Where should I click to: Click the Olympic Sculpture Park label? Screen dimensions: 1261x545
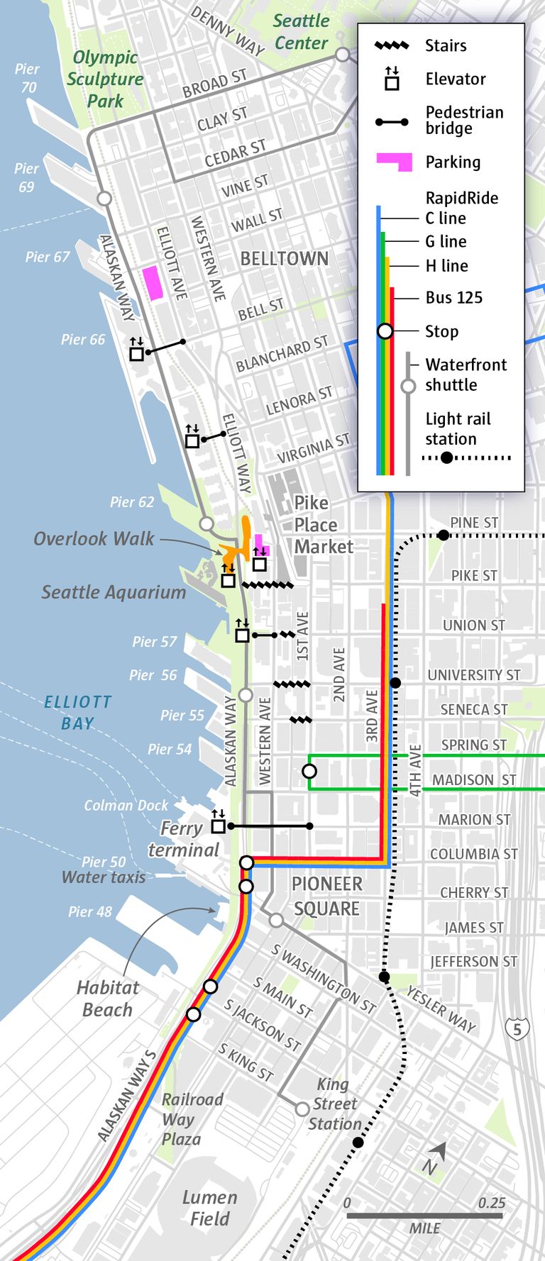[x=105, y=79]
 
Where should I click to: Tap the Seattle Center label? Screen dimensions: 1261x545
[x=301, y=32]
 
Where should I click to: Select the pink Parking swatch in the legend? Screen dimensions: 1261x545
[x=395, y=162]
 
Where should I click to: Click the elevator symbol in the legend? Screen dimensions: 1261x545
[x=392, y=79]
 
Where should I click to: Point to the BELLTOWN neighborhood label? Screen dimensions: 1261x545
[x=284, y=259]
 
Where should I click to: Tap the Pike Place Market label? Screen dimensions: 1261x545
[x=323, y=525]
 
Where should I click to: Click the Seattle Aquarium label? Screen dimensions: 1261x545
[x=114, y=592]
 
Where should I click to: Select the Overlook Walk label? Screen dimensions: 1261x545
[x=94, y=539]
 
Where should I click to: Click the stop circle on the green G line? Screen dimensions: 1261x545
[x=309, y=771]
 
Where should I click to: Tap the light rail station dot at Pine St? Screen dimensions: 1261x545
[x=444, y=535]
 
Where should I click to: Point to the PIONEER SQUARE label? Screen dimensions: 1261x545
[x=327, y=896]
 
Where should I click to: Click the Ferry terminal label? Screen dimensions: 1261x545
[x=184, y=839]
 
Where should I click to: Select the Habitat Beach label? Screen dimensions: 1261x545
[x=108, y=999]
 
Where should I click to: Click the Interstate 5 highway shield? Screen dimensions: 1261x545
[x=517, y=1028]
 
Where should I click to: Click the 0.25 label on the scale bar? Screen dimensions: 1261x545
[x=491, y=1203]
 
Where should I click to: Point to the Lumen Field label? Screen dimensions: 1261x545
[x=209, y=1208]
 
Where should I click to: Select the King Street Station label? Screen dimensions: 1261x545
[x=334, y=1104]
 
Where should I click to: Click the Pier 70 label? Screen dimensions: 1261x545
[x=27, y=78]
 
